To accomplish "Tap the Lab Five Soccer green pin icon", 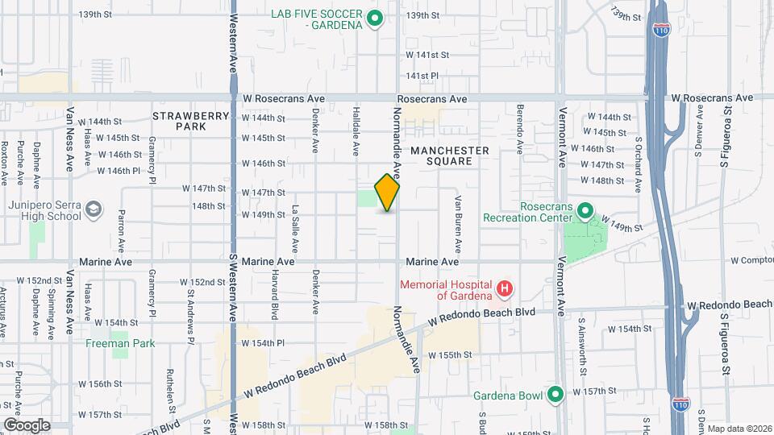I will point(374,18).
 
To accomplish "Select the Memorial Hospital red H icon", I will point(505,288).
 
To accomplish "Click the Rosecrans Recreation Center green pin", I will point(585,211).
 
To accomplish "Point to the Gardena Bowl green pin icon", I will point(555,394).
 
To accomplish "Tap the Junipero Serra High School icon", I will point(94,209).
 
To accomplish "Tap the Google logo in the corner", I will point(27,425).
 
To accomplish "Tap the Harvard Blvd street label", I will point(275,293).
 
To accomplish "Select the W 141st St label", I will point(427,55).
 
